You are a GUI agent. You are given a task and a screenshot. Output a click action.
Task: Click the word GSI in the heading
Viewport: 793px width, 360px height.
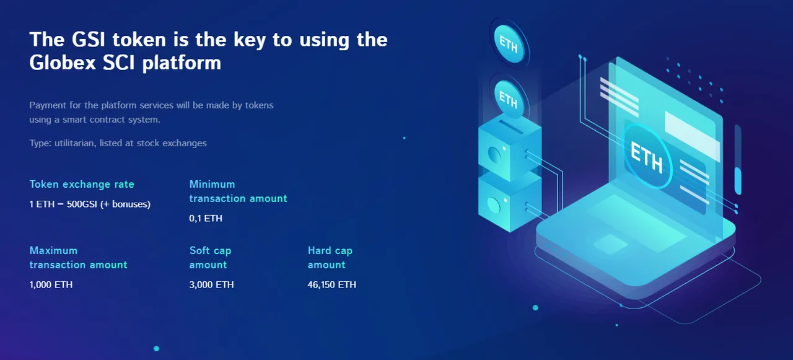tap(89, 39)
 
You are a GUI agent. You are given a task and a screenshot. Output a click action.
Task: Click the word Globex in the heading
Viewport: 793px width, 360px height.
tap(63, 63)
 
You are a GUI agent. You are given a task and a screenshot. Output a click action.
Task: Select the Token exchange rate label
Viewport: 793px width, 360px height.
tap(82, 184)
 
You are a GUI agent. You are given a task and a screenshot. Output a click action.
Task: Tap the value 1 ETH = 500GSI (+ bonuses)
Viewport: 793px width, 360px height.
tap(90, 204)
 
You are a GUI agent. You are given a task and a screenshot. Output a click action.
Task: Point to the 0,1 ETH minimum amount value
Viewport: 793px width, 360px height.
tap(206, 218)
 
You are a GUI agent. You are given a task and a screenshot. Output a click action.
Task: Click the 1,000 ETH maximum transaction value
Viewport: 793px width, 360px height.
tap(51, 284)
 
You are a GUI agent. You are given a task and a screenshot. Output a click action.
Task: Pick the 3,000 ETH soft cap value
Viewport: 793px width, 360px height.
tap(211, 284)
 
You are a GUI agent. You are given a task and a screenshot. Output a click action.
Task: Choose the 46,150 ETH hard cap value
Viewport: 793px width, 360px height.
tap(331, 284)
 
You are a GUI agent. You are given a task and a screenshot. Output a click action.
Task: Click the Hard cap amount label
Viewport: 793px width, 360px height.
tap(330, 258)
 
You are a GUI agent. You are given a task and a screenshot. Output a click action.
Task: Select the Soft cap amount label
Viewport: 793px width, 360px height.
tap(210, 258)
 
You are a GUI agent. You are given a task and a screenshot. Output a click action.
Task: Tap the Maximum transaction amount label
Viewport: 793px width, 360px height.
tap(78, 258)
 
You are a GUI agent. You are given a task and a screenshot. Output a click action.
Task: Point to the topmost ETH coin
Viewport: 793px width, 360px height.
tap(509, 44)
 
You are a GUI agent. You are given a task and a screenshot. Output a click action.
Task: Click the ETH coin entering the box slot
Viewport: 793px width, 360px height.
tap(509, 99)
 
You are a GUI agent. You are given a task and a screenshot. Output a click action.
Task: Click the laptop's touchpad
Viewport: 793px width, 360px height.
tap(610, 244)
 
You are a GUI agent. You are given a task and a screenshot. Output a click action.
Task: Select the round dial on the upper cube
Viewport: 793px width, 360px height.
tap(494, 154)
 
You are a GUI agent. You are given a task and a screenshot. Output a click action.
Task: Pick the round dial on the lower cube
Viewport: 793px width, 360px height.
tap(494, 205)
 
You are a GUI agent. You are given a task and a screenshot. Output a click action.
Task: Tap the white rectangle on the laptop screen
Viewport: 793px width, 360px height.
tap(692, 136)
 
